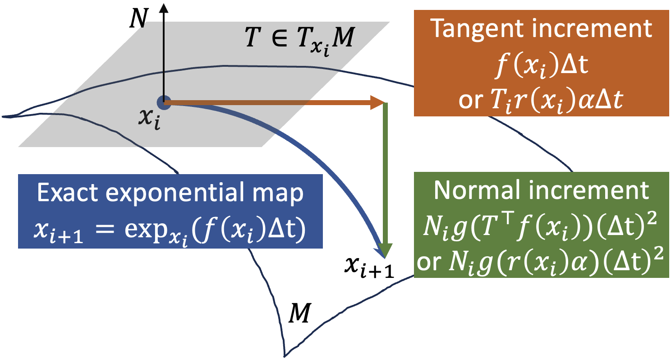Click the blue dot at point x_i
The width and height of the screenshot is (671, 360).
click(164, 103)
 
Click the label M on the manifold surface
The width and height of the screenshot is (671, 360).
click(299, 313)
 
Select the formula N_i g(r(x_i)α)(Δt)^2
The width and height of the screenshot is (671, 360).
click(555, 262)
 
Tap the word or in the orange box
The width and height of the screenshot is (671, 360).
click(469, 102)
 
